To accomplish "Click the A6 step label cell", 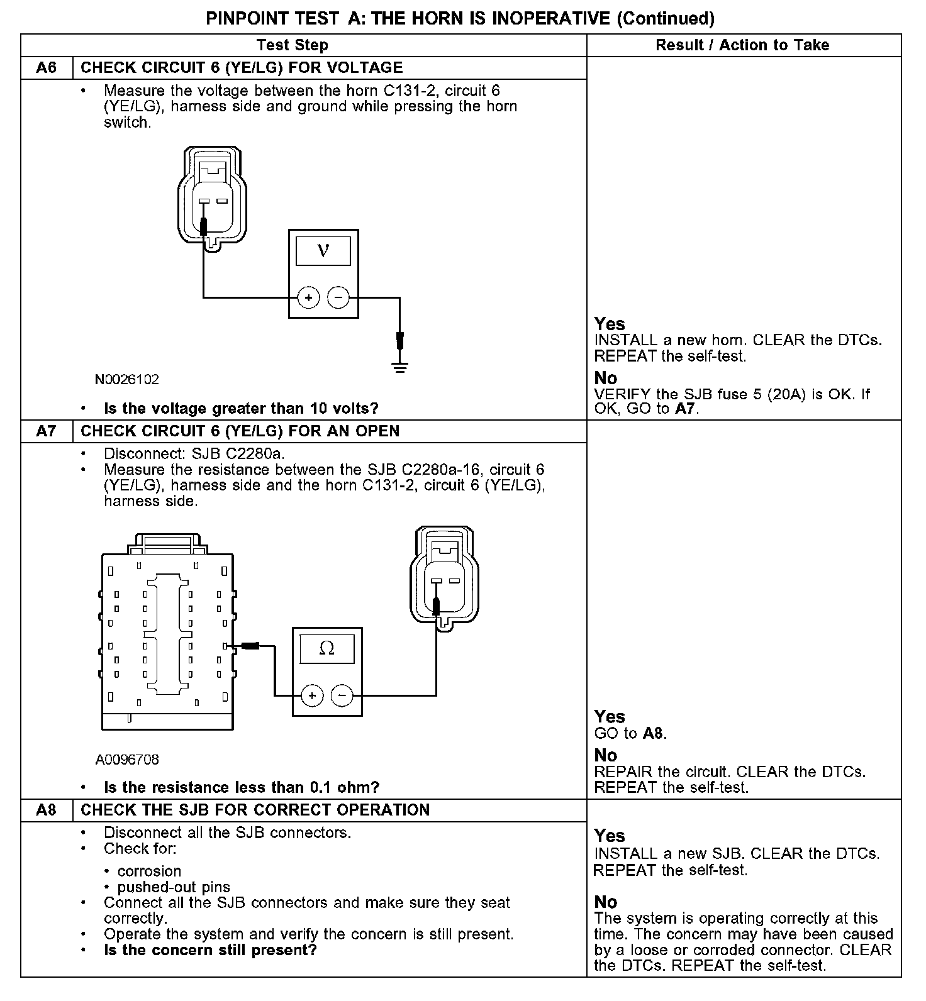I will [x=47, y=68].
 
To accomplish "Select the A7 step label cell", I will [x=47, y=431].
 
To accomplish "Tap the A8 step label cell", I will [x=47, y=810].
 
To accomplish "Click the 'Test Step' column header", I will [x=292, y=45].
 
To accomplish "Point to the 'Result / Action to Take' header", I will [x=742, y=45].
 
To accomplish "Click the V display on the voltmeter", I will [x=323, y=251].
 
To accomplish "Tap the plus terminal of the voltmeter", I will [x=308, y=297].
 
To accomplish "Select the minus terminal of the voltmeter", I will [x=338, y=297].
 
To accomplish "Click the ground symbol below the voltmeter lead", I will [x=399, y=367].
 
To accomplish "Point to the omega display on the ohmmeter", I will [x=327, y=649].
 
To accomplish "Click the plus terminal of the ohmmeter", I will [x=312, y=695].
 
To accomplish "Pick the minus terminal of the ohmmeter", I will [x=342, y=695].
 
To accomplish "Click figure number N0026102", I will [x=127, y=380].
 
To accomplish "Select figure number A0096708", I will [x=127, y=760].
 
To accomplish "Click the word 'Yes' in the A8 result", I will [x=610, y=836].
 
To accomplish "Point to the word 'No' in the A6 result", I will [x=606, y=378].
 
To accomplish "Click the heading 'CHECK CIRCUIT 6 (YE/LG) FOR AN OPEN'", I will [x=240, y=431].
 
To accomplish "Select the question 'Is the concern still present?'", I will [x=210, y=950].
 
